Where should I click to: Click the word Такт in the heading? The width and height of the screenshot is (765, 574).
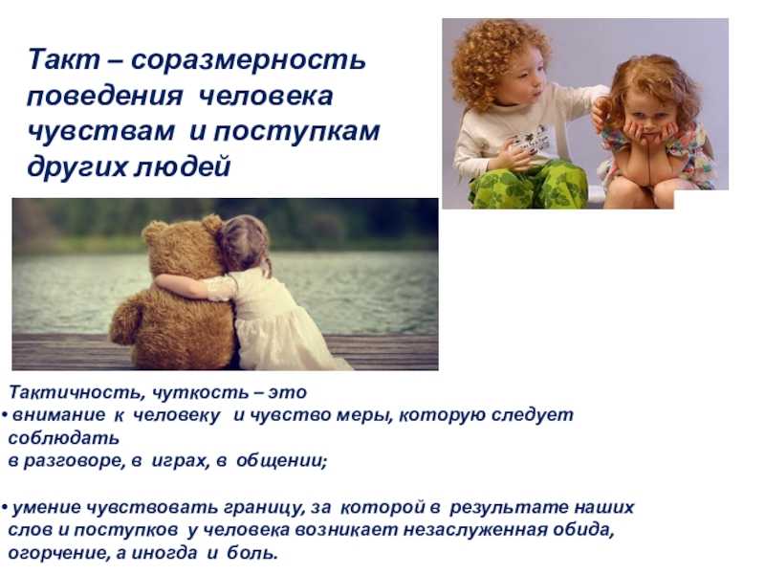pos(64,59)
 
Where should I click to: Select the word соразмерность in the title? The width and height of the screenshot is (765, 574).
pos(249,60)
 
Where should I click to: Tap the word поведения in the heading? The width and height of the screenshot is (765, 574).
pos(105,97)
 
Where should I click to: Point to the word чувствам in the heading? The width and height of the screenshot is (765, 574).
pos(100,131)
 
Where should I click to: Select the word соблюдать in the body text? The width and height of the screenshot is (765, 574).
pos(64,438)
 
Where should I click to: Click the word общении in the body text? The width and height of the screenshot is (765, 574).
pos(281,460)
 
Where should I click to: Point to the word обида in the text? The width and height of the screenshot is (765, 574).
pos(583,530)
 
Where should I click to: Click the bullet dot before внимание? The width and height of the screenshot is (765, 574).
pos(5,416)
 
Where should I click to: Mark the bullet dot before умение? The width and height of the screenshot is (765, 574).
pos(5,509)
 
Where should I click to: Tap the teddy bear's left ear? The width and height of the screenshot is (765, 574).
pos(154,231)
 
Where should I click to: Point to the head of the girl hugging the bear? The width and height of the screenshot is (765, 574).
pos(244,244)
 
